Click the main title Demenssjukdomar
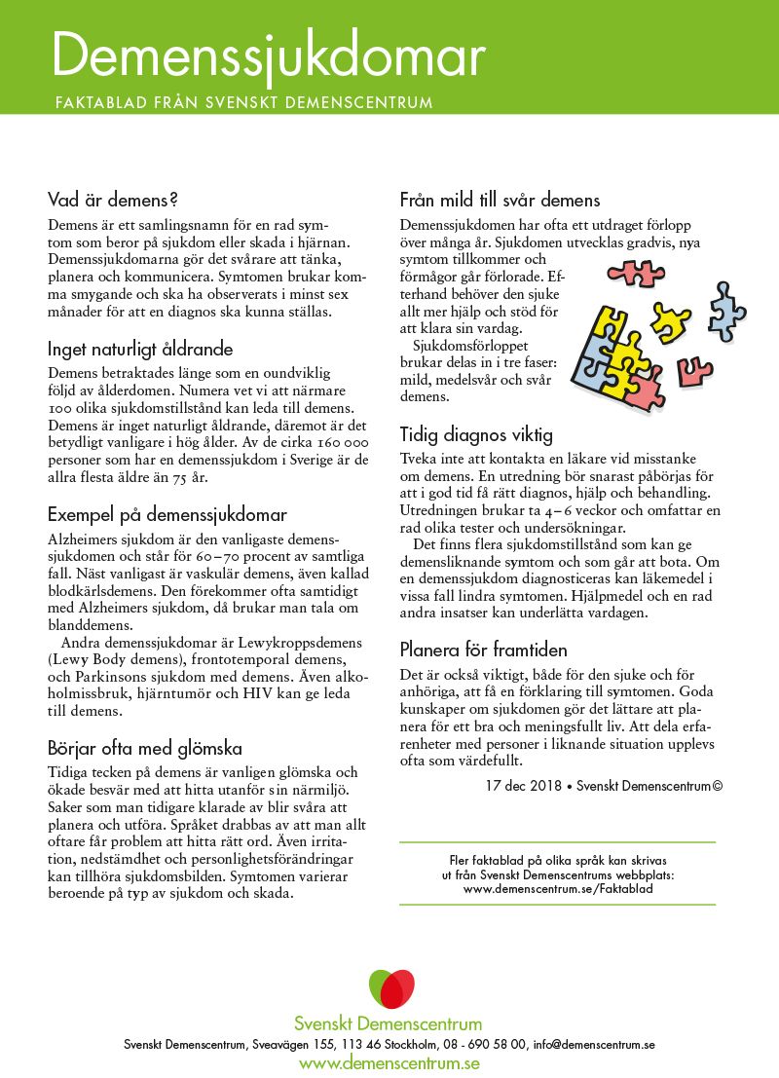[268, 56]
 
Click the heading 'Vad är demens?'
[113, 201]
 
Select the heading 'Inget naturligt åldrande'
[140, 349]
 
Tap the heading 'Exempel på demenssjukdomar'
[167, 514]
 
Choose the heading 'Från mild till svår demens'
[500, 201]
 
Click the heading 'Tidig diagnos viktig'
[476, 434]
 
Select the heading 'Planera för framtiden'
[483, 650]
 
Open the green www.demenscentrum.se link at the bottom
[389, 1062]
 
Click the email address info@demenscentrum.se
[593, 1044]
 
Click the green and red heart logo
[390, 989]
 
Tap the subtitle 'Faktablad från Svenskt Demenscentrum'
[243, 101]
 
